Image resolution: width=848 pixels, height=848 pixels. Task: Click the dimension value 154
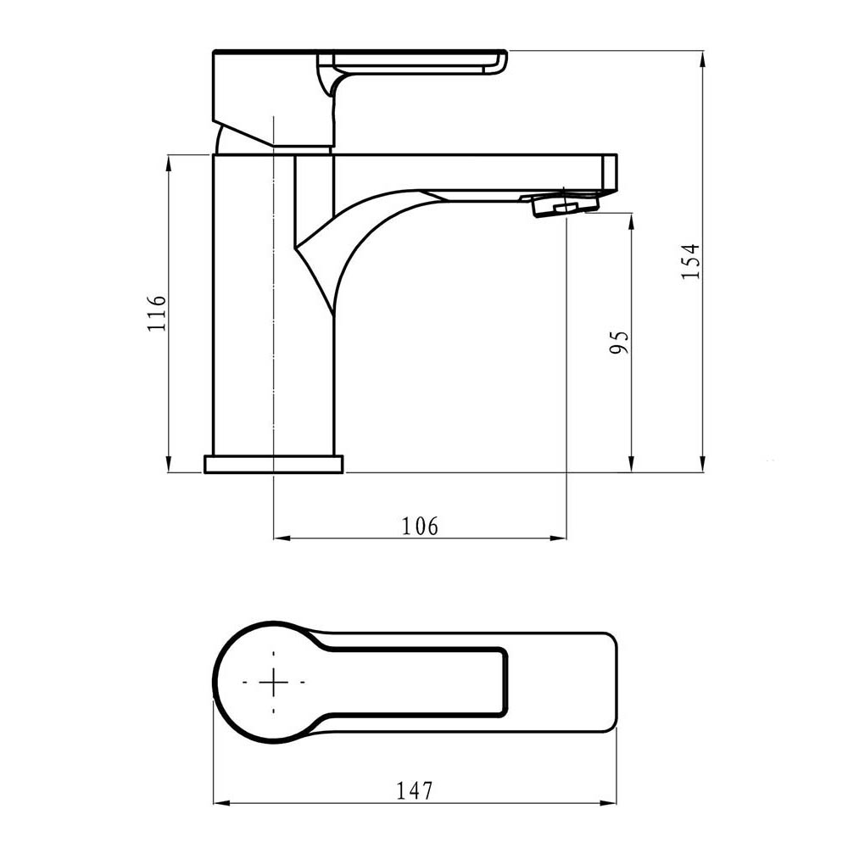691,261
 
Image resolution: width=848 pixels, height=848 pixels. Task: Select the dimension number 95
621,342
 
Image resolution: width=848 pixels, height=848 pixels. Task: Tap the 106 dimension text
421,526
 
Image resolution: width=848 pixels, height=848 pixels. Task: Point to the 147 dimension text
414,790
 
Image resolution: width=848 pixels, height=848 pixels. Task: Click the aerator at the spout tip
564,205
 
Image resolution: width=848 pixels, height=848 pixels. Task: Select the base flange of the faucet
273,464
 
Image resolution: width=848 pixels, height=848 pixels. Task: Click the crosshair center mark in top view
273,682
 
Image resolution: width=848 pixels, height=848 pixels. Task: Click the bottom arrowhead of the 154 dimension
703,466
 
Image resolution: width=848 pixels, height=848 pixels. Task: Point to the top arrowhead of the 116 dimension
170,161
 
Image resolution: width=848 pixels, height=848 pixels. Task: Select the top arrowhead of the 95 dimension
632,220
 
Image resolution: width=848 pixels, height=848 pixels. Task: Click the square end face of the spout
609,173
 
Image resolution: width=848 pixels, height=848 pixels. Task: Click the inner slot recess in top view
416,687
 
